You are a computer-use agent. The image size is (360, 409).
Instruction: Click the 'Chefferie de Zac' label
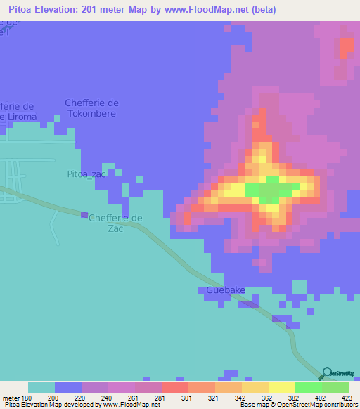pyautogui.click(x=115, y=223)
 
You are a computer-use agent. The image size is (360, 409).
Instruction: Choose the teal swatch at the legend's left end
pyautogui.click(x=41, y=387)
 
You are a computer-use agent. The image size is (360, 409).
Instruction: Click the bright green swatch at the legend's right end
pyautogui.click(x=335, y=387)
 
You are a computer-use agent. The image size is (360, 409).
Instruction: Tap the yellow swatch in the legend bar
pyautogui.click(x=281, y=387)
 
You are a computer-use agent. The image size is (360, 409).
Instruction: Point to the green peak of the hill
pyautogui.click(x=269, y=192)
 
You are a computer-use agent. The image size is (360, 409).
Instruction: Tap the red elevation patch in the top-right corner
pyautogui.click(x=347, y=46)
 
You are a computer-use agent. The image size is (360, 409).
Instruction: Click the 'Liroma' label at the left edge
pyautogui.click(x=18, y=116)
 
